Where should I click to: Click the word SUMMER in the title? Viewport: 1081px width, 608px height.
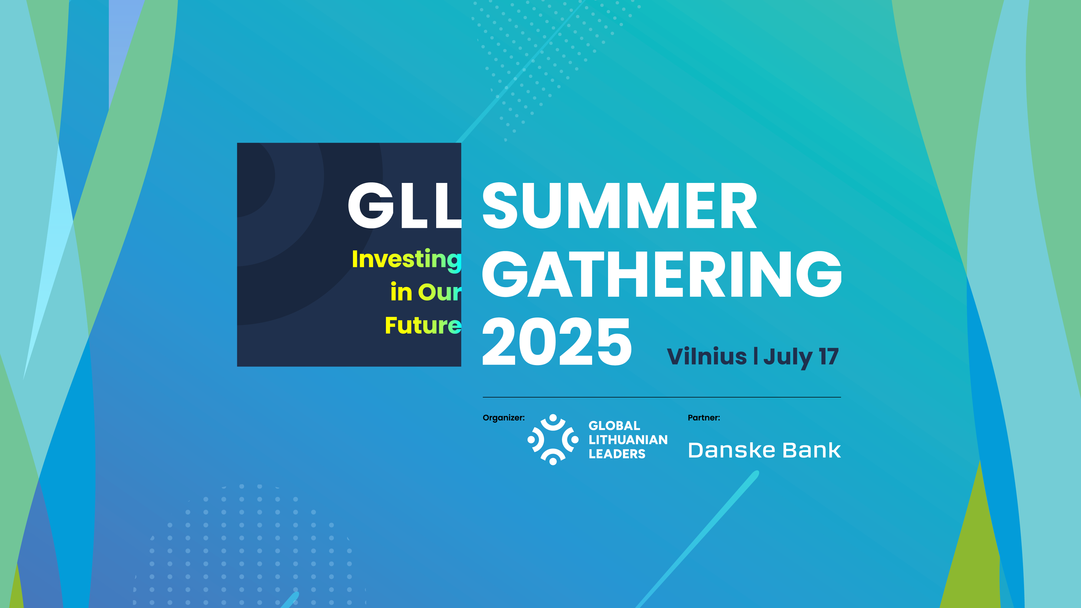pos(620,206)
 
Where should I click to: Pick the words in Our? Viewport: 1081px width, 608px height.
pos(426,292)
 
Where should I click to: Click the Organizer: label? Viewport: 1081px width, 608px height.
pos(503,418)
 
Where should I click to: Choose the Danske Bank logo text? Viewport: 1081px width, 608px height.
pos(764,450)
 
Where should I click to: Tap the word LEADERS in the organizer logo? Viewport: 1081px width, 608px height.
pos(617,454)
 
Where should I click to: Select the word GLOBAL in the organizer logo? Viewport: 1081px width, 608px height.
pos(614,426)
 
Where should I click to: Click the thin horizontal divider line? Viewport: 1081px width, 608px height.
pos(662,397)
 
